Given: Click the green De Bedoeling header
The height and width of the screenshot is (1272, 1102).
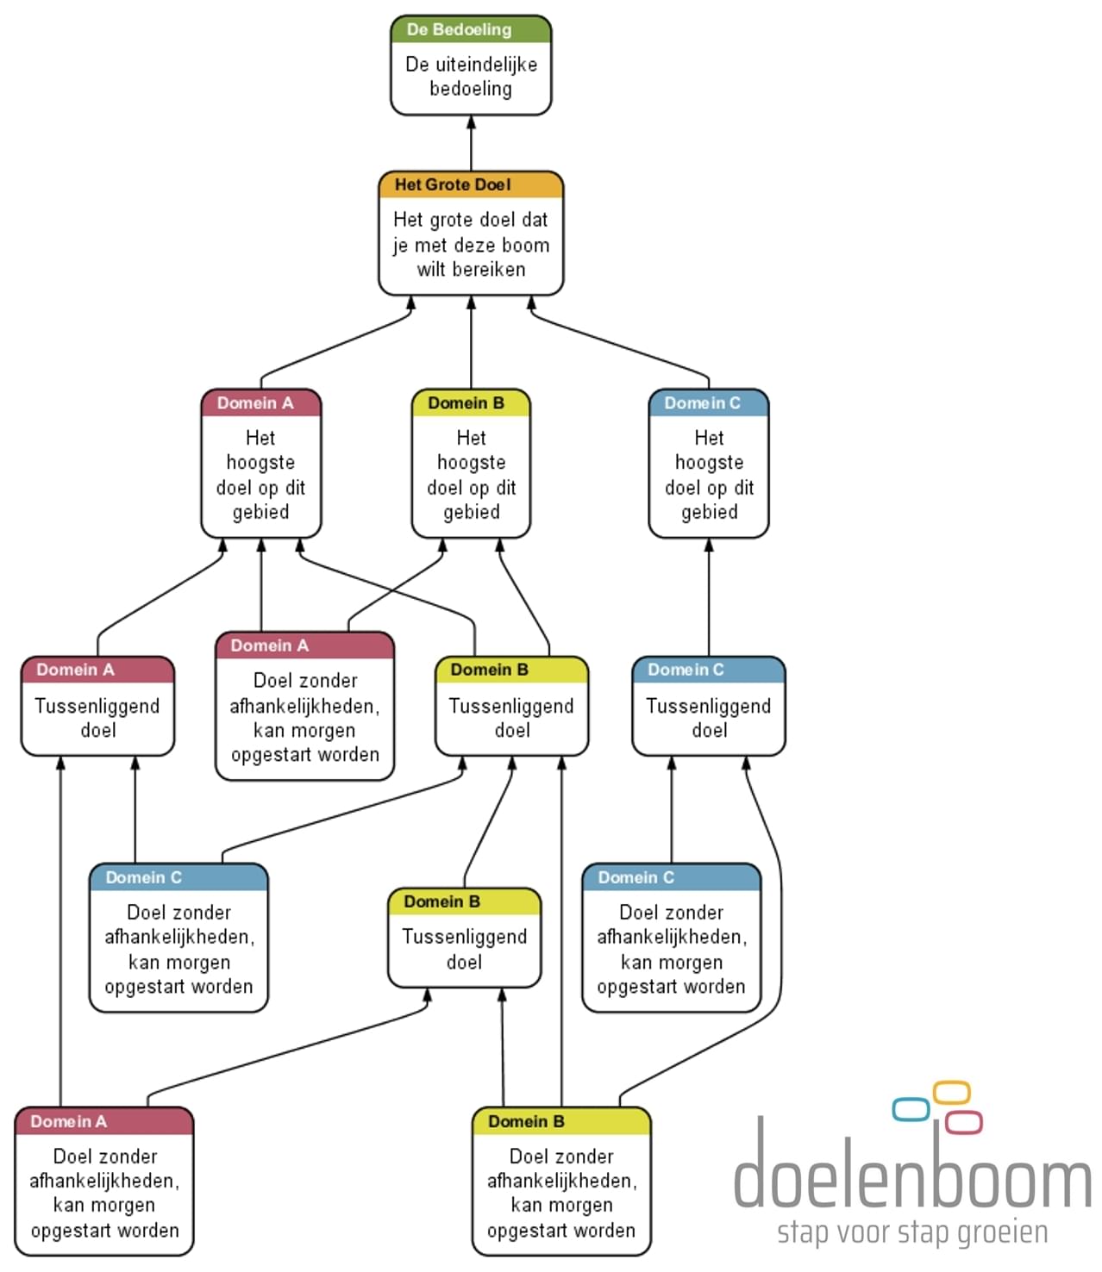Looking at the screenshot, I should click(x=471, y=29).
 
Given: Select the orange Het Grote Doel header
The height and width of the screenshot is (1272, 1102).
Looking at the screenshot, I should click(x=471, y=184).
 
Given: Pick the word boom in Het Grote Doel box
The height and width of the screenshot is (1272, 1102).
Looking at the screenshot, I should click(x=525, y=246).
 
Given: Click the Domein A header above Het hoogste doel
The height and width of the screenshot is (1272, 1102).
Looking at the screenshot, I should click(x=260, y=403).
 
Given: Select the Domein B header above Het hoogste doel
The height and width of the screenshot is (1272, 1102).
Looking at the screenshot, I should click(x=471, y=403).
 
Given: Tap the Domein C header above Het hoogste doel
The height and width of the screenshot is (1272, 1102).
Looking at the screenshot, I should click(x=708, y=403).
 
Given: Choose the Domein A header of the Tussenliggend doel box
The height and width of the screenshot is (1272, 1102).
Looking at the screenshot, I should click(x=97, y=670).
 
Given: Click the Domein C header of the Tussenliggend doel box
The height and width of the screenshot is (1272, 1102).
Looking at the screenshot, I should click(x=708, y=670).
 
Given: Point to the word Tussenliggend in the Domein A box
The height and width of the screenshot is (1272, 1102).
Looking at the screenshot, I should click(x=97, y=707).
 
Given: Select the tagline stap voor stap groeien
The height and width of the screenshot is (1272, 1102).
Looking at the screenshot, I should click(x=912, y=1232).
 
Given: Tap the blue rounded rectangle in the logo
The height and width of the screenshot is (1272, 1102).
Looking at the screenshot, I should click(x=911, y=1109).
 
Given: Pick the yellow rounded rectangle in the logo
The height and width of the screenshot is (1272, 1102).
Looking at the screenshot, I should click(x=952, y=1093).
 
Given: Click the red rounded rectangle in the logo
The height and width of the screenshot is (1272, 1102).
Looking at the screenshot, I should click(x=963, y=1122).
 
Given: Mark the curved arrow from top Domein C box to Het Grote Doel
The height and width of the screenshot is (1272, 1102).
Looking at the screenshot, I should click(x=621, y=345).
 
